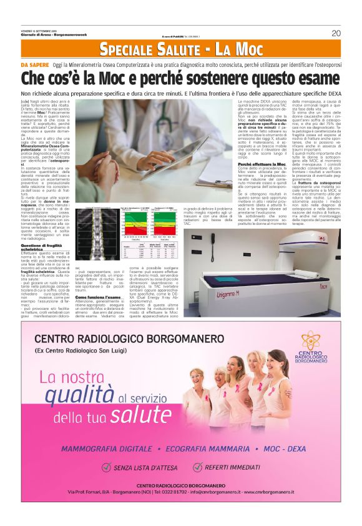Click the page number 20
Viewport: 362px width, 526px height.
pos(336,33)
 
